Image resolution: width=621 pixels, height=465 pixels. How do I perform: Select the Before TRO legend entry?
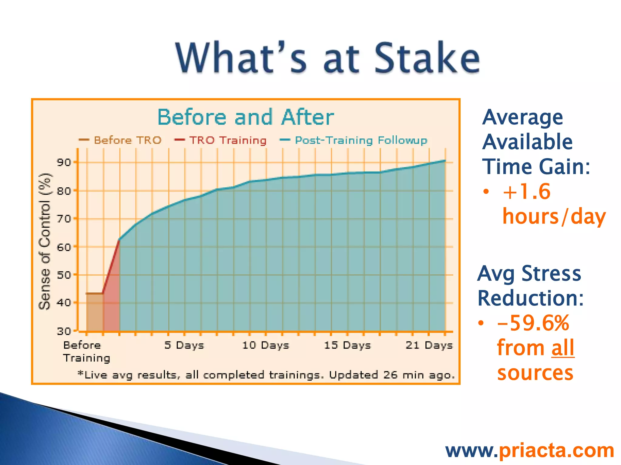120,140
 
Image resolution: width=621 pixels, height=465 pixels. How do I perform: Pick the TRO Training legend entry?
221,140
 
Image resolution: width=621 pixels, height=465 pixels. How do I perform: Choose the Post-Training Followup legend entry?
354,140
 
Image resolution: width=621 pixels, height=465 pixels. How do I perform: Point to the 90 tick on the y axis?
64,162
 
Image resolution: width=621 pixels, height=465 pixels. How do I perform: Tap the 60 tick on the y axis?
64,247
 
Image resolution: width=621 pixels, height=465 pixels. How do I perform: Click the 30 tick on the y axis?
64,331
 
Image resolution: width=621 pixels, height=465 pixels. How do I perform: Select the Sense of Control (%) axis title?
45,241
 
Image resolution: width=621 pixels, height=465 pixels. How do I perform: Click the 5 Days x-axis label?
184,345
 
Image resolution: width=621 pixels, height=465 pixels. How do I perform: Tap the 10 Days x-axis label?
265,345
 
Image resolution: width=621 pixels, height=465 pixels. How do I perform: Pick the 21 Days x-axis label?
429,345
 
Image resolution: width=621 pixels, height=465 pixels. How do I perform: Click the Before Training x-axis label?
86,351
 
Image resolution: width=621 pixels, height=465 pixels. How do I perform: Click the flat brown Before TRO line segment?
95,293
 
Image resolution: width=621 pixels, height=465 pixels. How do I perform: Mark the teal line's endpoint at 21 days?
445,160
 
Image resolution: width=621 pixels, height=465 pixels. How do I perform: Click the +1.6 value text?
526,192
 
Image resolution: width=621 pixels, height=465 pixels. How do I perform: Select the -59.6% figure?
533,323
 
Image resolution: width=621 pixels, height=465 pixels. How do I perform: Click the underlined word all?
562,348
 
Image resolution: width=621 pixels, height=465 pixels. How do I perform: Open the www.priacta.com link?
529,450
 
